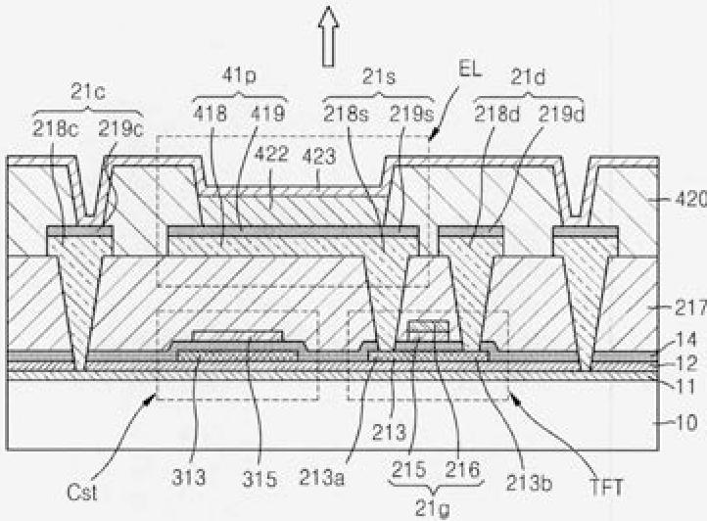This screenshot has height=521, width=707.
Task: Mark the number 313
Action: [x=190, y=478]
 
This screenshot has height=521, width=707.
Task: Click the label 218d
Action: [x=493, y=113]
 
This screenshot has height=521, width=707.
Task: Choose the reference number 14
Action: [x=688, y=342]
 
